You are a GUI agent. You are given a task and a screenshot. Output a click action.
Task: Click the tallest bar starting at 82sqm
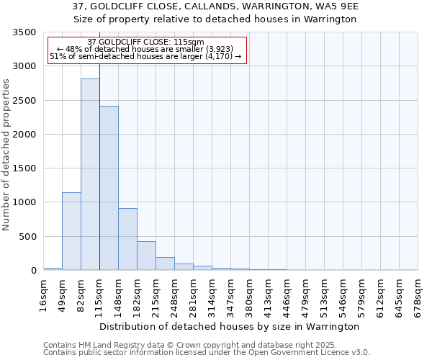pyautogui.click(x=90, y=174)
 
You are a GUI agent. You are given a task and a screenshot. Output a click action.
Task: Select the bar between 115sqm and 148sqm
pyautogui.click(x=109, y=188)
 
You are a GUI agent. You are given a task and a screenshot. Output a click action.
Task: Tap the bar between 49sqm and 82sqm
pyautogui.click(x=71, y=231)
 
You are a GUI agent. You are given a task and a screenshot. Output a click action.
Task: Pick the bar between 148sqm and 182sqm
pyautogui.click(x=127, y=239)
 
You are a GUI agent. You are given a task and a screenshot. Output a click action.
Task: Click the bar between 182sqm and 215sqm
pyautogui.click(x=146, y=256)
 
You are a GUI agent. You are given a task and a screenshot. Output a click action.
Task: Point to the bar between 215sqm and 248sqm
pyautogui.click(x=165, y=264)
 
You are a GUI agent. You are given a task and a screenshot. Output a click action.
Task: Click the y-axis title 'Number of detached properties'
pyautogui.click(x=7, y=155)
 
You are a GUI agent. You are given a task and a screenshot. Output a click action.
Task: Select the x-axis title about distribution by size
pyautogui.click(x=229, y=326)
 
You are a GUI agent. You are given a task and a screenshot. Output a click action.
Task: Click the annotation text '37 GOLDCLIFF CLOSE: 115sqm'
pyautogui.click(x=145, y=42)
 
